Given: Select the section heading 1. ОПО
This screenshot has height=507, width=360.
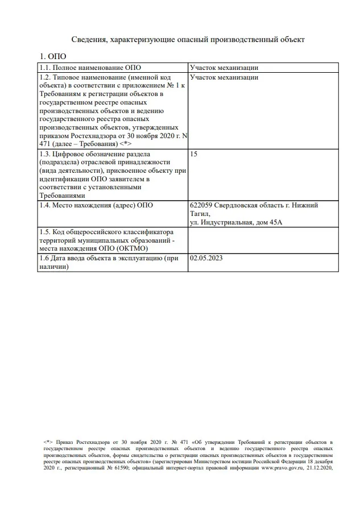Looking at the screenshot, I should (x=52, y=56).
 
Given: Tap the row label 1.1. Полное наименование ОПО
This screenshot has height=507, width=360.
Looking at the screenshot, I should (x=89, y=68).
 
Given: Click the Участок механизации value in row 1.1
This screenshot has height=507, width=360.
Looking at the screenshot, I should (x=224, y=68).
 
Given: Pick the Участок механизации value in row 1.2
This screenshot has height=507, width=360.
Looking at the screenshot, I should (x=224, y=77).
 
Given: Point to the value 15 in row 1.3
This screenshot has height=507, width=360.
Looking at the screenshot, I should (x=194, y=153).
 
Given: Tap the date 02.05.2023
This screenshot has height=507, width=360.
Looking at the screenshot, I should (x=206, y=257).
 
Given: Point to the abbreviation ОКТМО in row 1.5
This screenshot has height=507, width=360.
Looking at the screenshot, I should (x=134, y=248).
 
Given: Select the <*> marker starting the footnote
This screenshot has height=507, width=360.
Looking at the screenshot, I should (x=48, y=442).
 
